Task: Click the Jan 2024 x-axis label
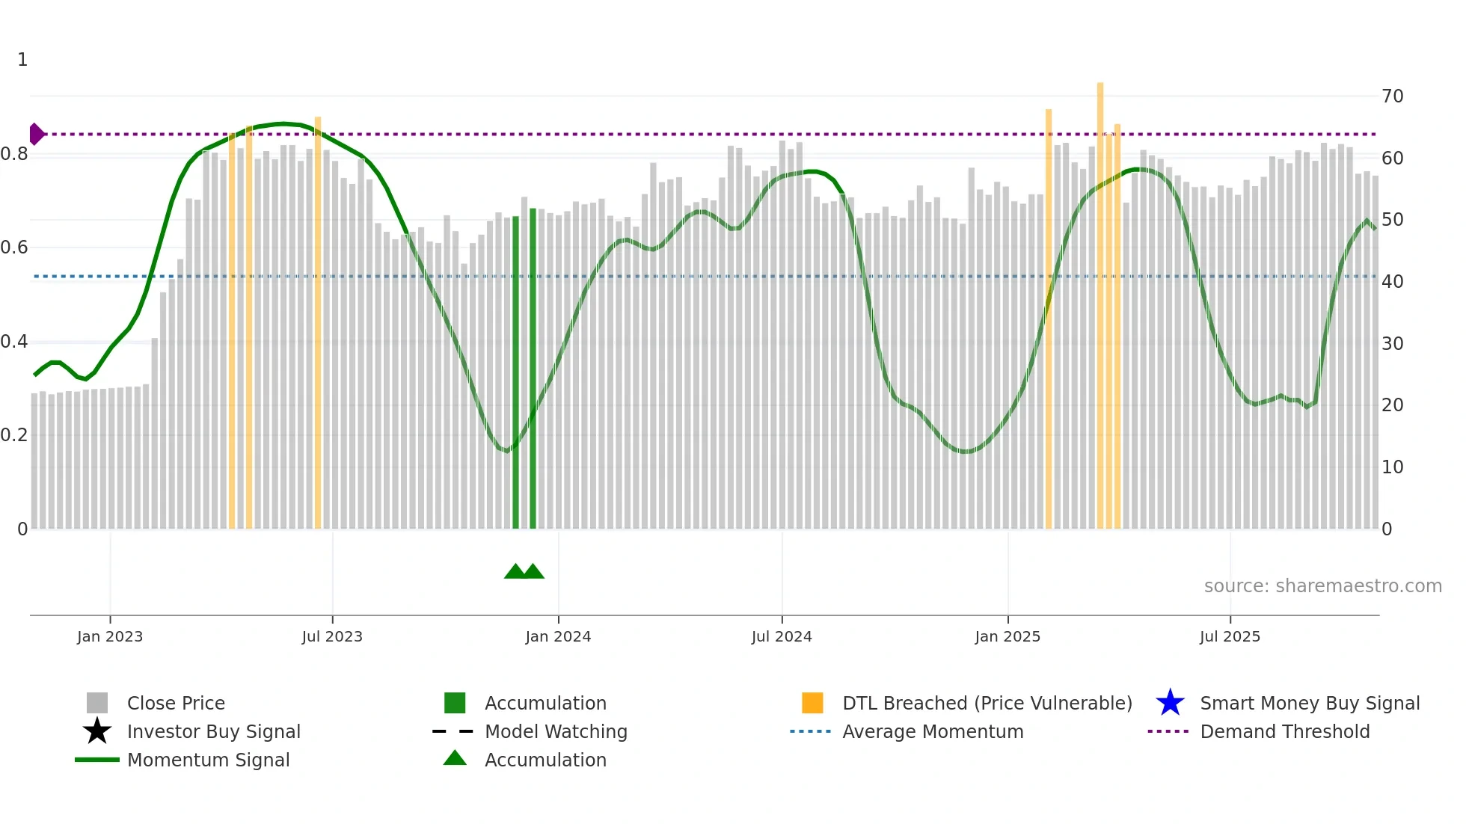[x=558, y=636]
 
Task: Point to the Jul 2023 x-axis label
[x=332, y=636]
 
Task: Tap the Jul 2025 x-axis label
[x=1230, y=636]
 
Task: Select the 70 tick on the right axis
[x=1392, y=96]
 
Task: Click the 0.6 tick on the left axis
[x=15, y=247]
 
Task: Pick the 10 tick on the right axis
[x=1392, y=467]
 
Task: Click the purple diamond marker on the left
[x=36, y=134]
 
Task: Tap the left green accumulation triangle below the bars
[x=515, y=572]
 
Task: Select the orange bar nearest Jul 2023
[x=318, y=322]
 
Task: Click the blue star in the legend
[x=1170, y=703]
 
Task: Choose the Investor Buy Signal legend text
[x=214, y=731]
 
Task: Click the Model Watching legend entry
[x=556, y=731]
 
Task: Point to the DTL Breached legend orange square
[x=812, y=703]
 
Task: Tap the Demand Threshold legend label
[x=1284, y=731]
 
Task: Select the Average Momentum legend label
[x=933, y=731]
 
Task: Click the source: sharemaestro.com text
[x=1322, y=586]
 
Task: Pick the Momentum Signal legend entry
[x=208, y=760]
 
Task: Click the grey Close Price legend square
[x=97, y=703]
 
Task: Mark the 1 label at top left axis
[x=22, y=60]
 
